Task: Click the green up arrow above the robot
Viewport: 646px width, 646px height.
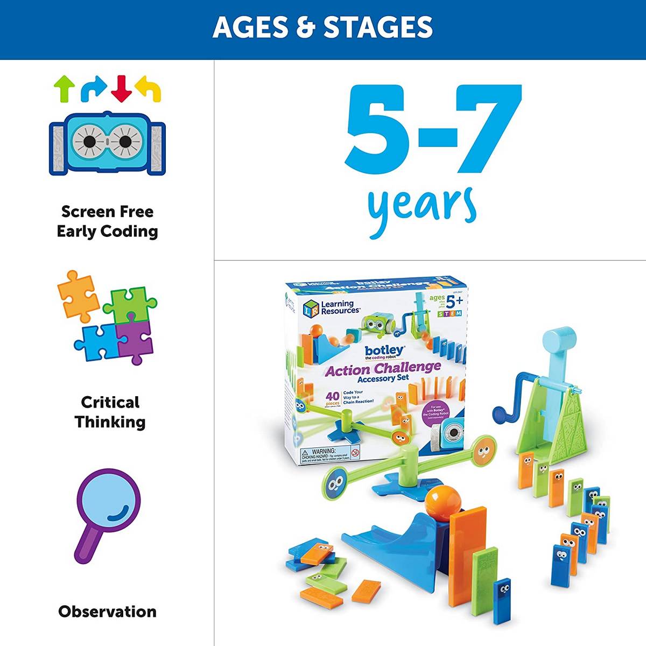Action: tap(65, 88)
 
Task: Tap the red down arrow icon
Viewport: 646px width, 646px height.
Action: tap(121, 88)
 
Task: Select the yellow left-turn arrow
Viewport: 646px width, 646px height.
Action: tap(149, 88)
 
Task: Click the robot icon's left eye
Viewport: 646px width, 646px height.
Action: tap(89, 142)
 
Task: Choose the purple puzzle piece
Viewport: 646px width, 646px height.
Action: tap(135, 341)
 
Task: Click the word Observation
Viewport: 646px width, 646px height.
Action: tap(107, 612)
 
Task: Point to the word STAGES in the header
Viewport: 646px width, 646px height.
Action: tap(378, 27)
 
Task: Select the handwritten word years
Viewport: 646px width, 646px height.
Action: tap(422, 207)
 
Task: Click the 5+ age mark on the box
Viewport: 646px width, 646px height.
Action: tap(450, 302)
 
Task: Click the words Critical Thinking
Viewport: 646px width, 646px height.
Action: tap(110, 412)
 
